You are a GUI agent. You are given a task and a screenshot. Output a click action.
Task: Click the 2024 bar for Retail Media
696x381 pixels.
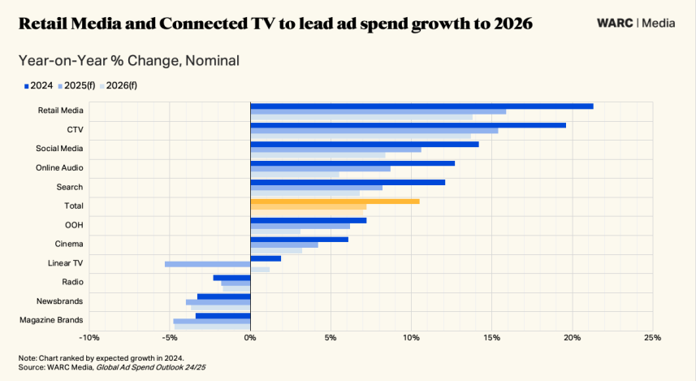pyautogui.click(x=421, y=106)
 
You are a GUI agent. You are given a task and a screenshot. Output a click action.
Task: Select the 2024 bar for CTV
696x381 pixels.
pyautogui.click(x=408, y=125)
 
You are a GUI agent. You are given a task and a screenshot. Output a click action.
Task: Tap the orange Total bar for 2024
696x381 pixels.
pyautogui.click(x=335, y=201)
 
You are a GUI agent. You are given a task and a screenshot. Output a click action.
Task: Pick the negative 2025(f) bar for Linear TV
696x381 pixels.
pyautogui.click(x=207, y=264)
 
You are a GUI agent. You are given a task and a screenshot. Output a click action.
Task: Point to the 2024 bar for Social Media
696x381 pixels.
pyautogui.click(x=364, y=144)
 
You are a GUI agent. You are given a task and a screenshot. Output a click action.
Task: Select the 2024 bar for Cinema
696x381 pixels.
pyautogui.click(x=299, y=239)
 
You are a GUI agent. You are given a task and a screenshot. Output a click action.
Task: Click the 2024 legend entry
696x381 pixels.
pyautogui.click(x=39, y=84)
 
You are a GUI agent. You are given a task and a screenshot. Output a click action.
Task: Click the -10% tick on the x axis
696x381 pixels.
pyautogui.click(x=89, y=337)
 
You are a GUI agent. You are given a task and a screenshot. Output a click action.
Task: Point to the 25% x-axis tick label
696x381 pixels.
pyautogui.click(x=652, y=337)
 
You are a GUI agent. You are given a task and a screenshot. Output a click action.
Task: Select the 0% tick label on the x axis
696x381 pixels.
pyautogui.click(x=250, y=337)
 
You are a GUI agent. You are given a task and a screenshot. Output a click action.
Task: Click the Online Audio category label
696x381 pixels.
pyautogui.click(x=59, y=167)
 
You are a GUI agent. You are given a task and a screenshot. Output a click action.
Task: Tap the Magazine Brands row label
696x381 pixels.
pyautogui.click(x=51, y=320)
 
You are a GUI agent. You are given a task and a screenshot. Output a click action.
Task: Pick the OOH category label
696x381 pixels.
pyautogui.click(x=74, y=225)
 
